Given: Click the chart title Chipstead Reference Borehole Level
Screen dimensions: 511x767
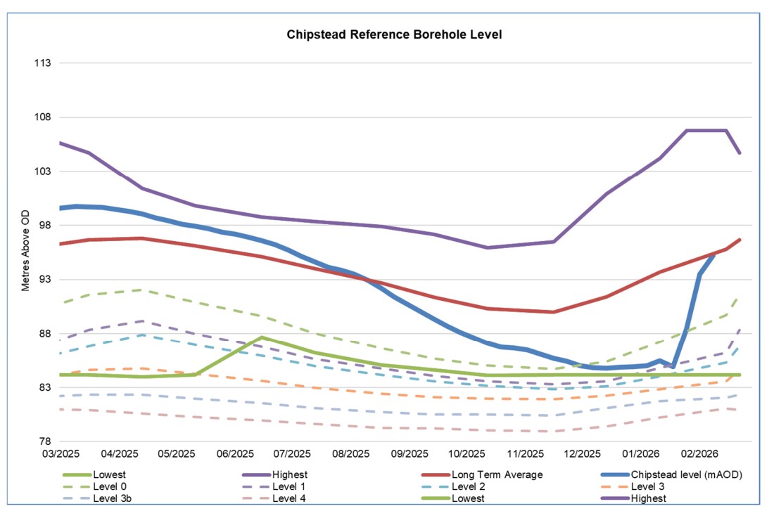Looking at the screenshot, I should coord(394,34).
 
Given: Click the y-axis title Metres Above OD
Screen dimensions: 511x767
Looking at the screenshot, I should coord(25,253).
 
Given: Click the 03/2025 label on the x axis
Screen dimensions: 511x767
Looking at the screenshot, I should coord(61,455).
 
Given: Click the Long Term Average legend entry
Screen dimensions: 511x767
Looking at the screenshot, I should coord(497,475).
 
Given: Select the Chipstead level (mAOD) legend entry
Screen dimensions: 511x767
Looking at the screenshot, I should coord(687,475).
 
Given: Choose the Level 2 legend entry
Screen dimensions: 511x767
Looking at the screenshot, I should coord(468,486).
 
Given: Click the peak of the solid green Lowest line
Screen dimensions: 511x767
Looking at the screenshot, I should coord(262,337).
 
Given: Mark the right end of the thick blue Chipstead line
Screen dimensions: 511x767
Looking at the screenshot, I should coord(714,254).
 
